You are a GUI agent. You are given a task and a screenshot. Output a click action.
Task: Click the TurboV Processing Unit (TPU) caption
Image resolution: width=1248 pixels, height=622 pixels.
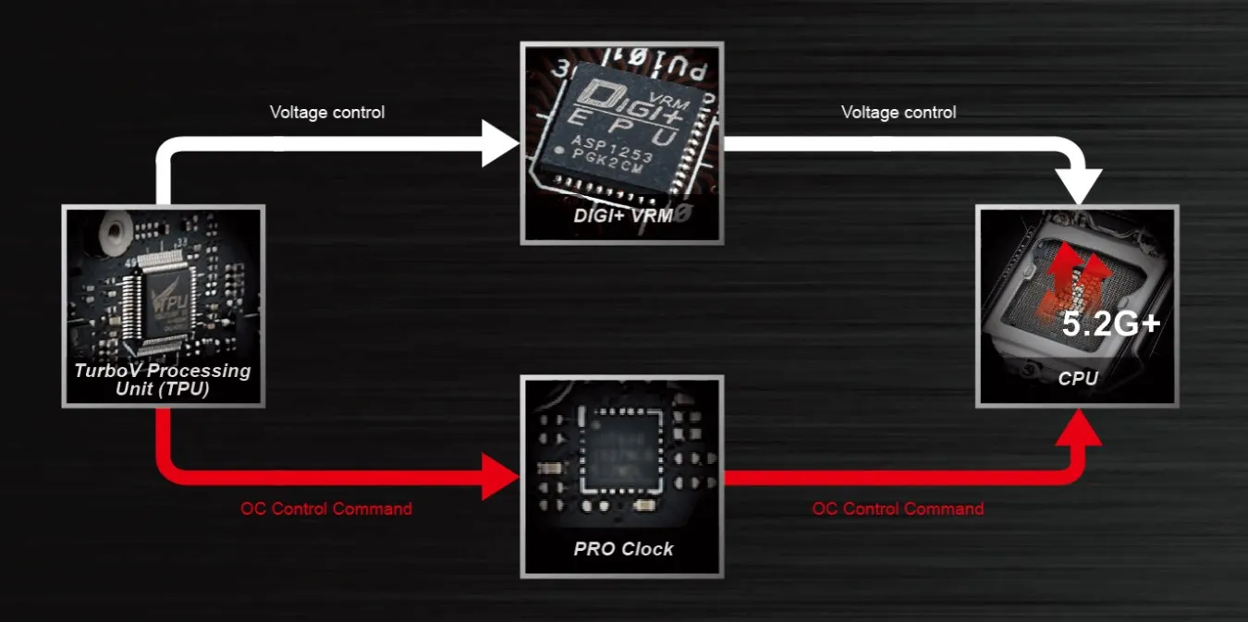coord(163,379)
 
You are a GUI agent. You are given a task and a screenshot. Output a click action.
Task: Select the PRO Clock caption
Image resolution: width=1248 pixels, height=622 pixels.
coord(623,549)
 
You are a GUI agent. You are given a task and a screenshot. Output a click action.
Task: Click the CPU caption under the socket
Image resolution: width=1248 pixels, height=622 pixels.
coord(1078,378)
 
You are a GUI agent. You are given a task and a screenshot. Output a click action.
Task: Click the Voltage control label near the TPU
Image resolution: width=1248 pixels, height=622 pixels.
coord(326,113)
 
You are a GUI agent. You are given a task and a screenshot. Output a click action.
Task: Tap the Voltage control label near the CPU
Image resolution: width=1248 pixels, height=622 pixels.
coord(898,113)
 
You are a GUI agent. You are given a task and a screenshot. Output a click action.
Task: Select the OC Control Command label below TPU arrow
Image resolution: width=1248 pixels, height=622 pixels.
coord(325,509)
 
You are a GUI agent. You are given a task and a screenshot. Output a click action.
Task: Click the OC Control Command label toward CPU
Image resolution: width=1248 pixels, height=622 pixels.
coord(897,509)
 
